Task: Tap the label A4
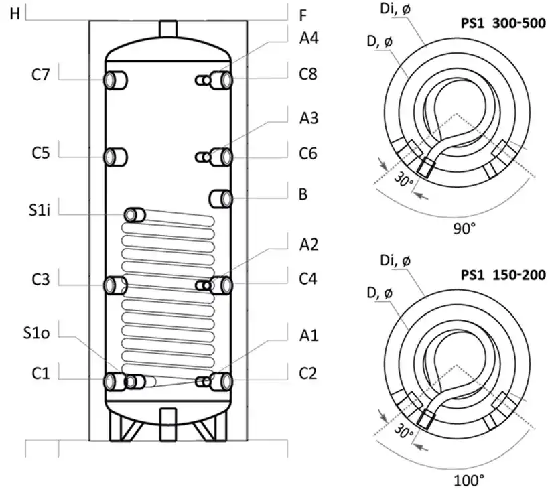(x=308, y=38)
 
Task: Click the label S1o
(x=41, y=332)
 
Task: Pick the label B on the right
(x=303, y=196)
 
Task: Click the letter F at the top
(x=303, y=13)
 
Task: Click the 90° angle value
(x=463, y=228)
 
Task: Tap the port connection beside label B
(x=221, y=199)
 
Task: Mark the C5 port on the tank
(x=115, y=157)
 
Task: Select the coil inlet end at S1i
(x=136, y=215)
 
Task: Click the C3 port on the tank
(x=115, y=285)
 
